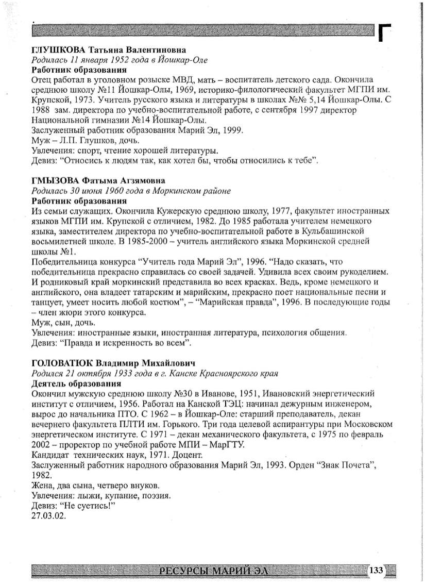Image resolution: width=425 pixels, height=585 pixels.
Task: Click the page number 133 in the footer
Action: click(x=377, y=570)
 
